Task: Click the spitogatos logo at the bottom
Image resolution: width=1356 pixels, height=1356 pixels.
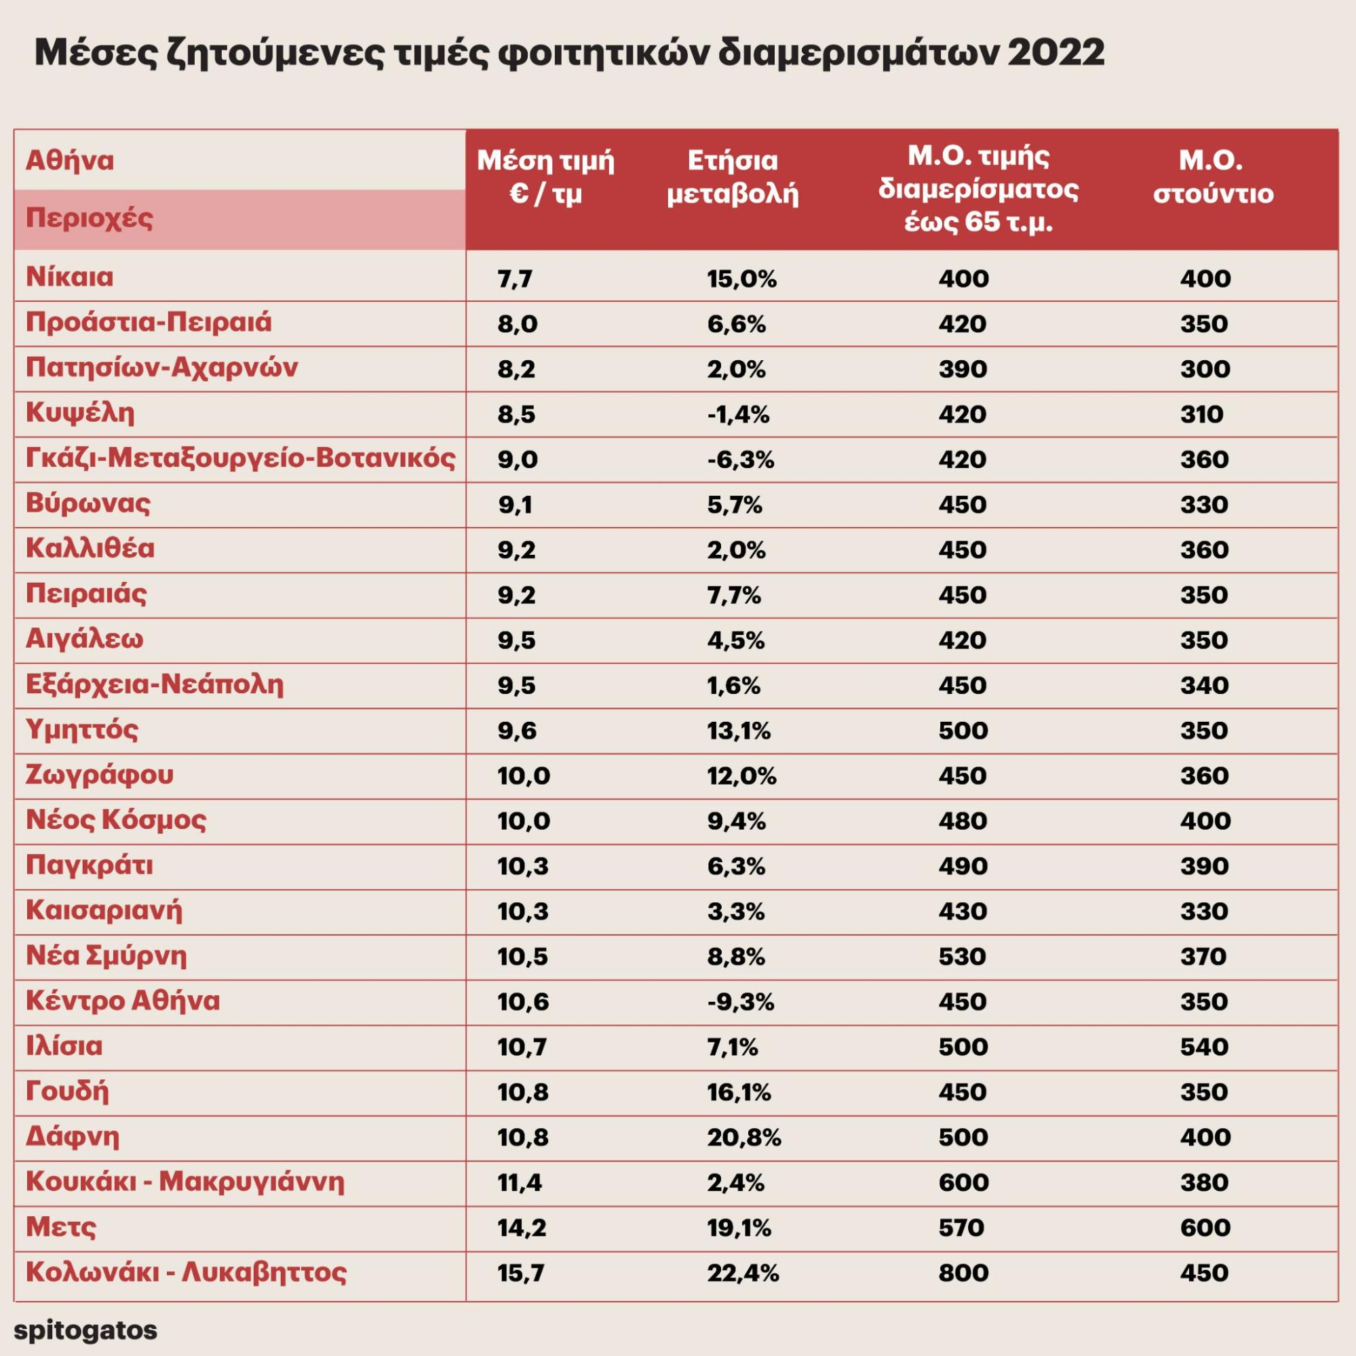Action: pos(85,1330)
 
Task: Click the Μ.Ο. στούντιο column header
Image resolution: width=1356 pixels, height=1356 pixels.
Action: pos(1213,178)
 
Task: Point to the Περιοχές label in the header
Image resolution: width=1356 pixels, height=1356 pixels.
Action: pos(89,218)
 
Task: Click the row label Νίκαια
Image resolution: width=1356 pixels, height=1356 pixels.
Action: pos(69,277)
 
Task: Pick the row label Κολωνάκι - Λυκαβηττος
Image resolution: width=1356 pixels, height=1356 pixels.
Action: pos(186,1273)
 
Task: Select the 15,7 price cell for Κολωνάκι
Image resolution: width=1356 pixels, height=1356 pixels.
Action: pos(521,1273)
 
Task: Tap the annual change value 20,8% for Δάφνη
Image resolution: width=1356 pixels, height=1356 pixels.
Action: pos(743,1138)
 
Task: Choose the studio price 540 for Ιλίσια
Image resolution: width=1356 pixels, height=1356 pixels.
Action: pos(1205,1047)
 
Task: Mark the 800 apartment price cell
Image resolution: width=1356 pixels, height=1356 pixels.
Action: pos(963,1273)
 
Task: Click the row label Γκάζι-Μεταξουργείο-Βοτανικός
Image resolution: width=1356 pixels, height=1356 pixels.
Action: pos(241,459)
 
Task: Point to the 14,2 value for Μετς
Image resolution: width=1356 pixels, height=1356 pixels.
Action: pos(522,1228)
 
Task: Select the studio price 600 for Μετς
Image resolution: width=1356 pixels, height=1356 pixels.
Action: pos(1205,1228)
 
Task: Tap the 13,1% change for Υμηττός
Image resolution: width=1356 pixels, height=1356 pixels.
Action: pos(738,731)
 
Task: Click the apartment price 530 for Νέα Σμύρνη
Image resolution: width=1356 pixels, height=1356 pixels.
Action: pos(963,956)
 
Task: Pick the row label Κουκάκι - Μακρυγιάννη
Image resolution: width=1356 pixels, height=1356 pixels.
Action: pos(185,1182)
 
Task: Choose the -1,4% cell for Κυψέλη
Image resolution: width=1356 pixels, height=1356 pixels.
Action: pos(737,414)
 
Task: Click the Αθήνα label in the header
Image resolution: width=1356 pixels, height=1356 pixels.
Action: pos(69,161)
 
